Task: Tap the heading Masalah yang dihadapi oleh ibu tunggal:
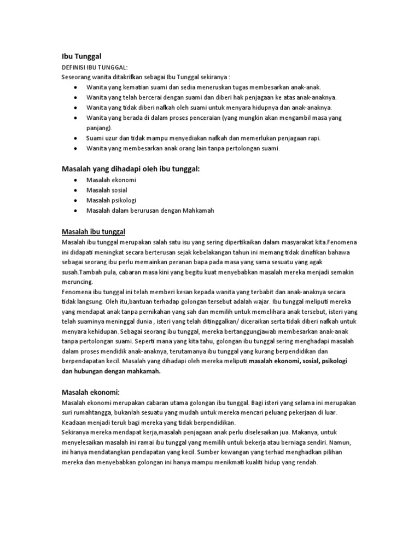pos(130,169)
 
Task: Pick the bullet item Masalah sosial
pos(106,190)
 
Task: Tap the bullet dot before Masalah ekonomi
pos(75,180)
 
